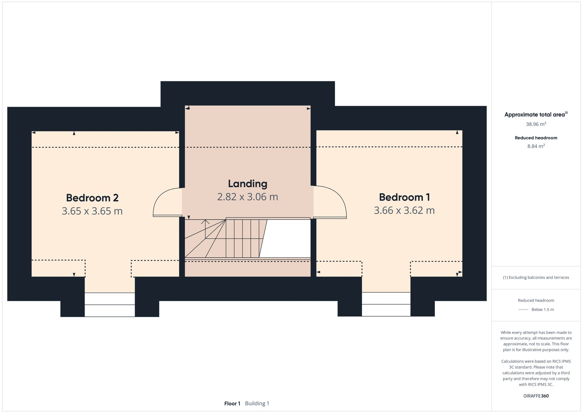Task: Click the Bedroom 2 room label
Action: click(92, 198)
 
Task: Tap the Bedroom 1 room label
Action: click(404, 197)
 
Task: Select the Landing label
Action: click(247, 184)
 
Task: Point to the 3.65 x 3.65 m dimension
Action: click(92, 211)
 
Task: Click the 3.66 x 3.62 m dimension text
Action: click(404, 210)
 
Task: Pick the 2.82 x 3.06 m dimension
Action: click(247, 197)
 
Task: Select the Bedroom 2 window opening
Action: click(110, 304)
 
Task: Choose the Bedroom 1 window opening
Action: click(386, 304)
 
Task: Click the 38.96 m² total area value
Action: click(536, 124)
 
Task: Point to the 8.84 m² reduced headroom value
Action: click(536, 146)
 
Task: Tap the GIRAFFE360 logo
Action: click(536, 396)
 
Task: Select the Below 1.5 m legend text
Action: click(542, 309)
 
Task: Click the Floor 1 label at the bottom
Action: click(232, 404)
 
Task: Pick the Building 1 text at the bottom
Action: click(257, 404)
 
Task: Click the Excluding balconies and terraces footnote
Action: click(536, 278)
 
